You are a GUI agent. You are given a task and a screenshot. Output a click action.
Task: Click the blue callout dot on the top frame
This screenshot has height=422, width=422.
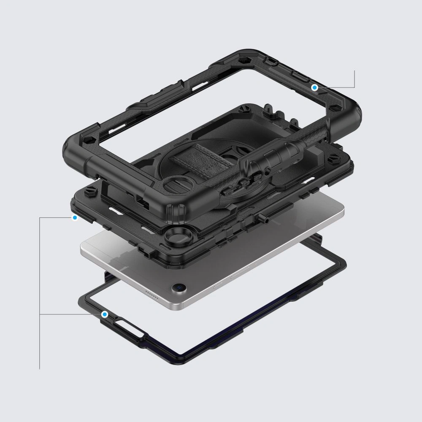pyautogui.click(x=314, y=87)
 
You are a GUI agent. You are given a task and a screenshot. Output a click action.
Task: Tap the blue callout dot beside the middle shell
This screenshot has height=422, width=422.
pyautogui.click(x=75, y=218)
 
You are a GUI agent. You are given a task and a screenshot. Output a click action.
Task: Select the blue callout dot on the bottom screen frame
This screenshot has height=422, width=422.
pyautogui.click(x=104, y=314)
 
